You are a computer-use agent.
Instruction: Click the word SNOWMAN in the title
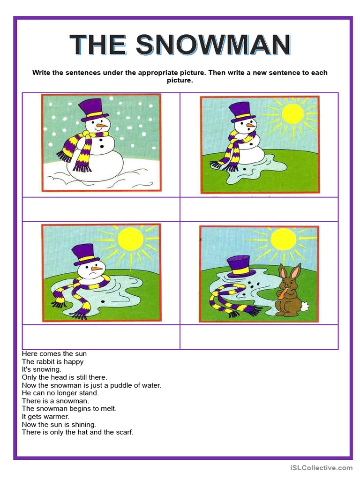pos(213,45)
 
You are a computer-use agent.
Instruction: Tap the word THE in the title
pos(98,45)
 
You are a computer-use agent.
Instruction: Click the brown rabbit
pos(289,291)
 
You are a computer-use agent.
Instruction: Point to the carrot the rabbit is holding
pos(281,293)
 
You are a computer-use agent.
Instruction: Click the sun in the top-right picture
pos(292,114)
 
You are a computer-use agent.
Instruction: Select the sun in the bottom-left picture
pos(130,239)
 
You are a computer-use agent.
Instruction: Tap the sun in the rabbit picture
pos(283,239)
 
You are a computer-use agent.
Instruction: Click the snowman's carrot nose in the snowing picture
pos(101,125)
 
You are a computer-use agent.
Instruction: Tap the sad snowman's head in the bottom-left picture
pos(90,270)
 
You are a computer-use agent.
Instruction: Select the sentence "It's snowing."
pos(42,369)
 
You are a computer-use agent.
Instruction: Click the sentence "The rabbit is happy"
pos(52,361)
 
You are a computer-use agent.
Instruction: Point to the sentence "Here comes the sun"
pos(54,353)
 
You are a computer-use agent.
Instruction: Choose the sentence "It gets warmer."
pos(45,416)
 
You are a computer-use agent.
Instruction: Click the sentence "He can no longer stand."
pos(60,393)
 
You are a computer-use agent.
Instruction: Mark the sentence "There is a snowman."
pos(55,401)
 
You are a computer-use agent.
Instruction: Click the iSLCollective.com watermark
pos(321,467)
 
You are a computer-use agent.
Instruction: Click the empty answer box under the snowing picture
pos(101,209)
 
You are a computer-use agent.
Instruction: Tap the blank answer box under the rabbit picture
pos(259,337)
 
